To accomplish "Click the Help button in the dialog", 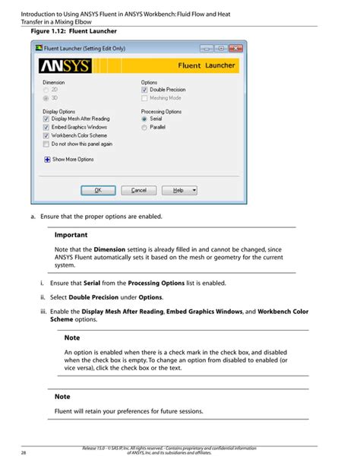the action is pyautogui.click(x=181, y=190).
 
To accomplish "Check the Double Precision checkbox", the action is pyautogui.click(x=145, y=90).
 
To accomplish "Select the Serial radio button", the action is pyautogui.click(x=145, y=119).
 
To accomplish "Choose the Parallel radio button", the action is pyautogui.click(x=145, y=128).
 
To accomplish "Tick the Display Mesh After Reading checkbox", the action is pyautogui.click(x=46, y=119).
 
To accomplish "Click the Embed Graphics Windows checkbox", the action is pyautogui.click(x=46, y=128).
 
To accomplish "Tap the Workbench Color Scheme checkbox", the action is pyautogui.click(x=46, y=136).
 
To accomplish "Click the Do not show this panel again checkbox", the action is pyautogui.click(x=46, y=144).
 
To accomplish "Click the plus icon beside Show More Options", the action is pyautogui.click(x=46, y=160).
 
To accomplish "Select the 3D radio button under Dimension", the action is pyautogui.click(x=46, y=99).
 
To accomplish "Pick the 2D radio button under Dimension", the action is pyautogui.click(x=46, y=90).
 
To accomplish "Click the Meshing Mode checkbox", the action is pyautogui.click(x=145, y=99).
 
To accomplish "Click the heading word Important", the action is pyautogui.click(x=71, y=235).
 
